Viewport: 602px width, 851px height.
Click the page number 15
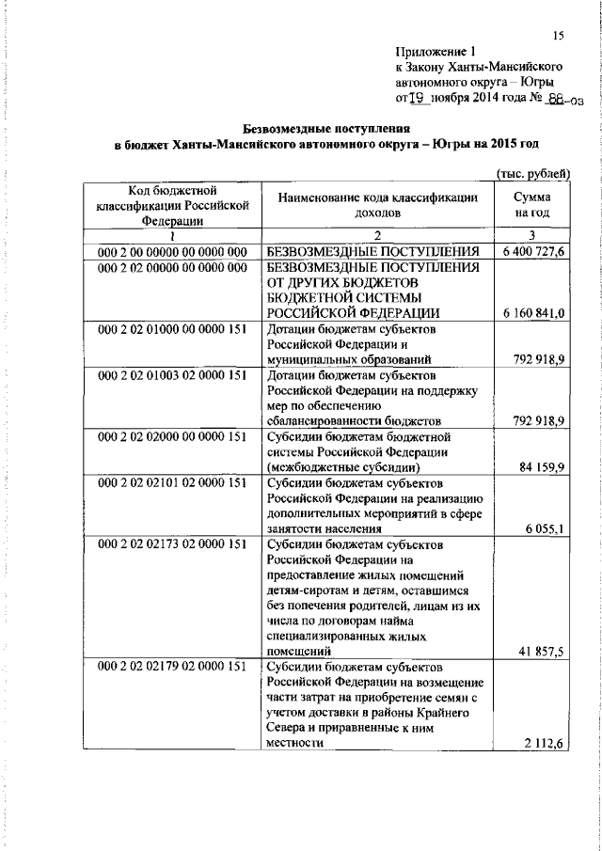click(558, 36)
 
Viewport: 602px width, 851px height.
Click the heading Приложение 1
click(436, 54)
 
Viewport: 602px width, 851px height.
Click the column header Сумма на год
click(532, 206)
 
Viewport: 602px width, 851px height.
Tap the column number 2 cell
click(376, 235)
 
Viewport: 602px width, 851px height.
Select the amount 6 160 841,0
click(533, 313)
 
